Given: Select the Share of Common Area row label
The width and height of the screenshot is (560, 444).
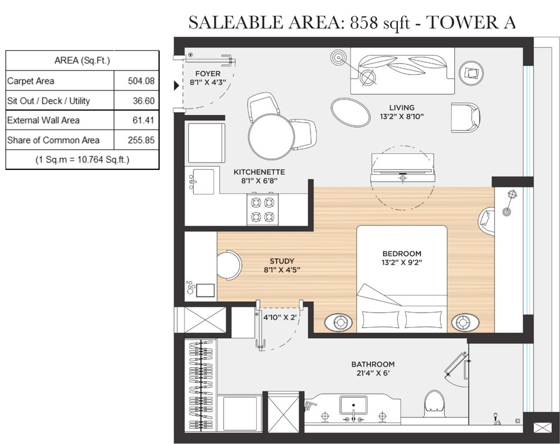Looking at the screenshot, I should click(53, 140).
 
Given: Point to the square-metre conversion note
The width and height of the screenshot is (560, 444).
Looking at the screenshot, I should click(82, 159).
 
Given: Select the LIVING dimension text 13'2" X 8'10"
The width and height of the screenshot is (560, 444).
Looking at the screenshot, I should click(401, 117).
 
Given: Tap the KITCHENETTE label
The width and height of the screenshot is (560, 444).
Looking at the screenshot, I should click(259, 172).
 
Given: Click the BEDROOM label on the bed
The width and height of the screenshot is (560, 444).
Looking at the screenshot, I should click(401, 253).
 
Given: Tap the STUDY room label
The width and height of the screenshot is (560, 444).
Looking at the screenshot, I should click(282, 261).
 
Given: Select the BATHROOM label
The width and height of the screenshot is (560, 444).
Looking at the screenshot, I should click(373, 364).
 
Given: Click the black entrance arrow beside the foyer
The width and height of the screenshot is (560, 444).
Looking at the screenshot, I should click(177, 86).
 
